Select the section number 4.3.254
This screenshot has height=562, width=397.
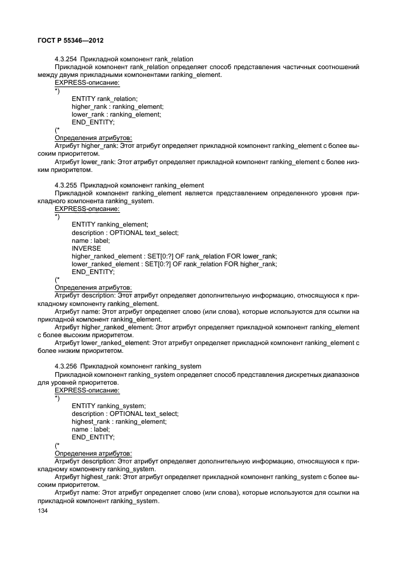click(65, 59)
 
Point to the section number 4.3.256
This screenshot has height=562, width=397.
click(65, 366)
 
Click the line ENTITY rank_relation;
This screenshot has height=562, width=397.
click(105, 98)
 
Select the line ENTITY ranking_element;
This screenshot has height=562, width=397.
click(110, 224)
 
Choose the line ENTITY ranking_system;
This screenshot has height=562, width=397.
click(109, 405)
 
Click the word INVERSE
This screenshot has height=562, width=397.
click(86, 248)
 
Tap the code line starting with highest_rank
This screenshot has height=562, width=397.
click(119, 421)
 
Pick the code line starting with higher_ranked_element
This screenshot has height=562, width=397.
click(174, 256)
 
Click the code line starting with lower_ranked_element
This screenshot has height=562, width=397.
click(174, 264)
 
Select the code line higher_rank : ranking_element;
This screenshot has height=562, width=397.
click(117, 106)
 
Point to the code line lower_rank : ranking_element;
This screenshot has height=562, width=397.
click(117, 114)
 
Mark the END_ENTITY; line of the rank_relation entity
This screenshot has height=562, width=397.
click(93, 122)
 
